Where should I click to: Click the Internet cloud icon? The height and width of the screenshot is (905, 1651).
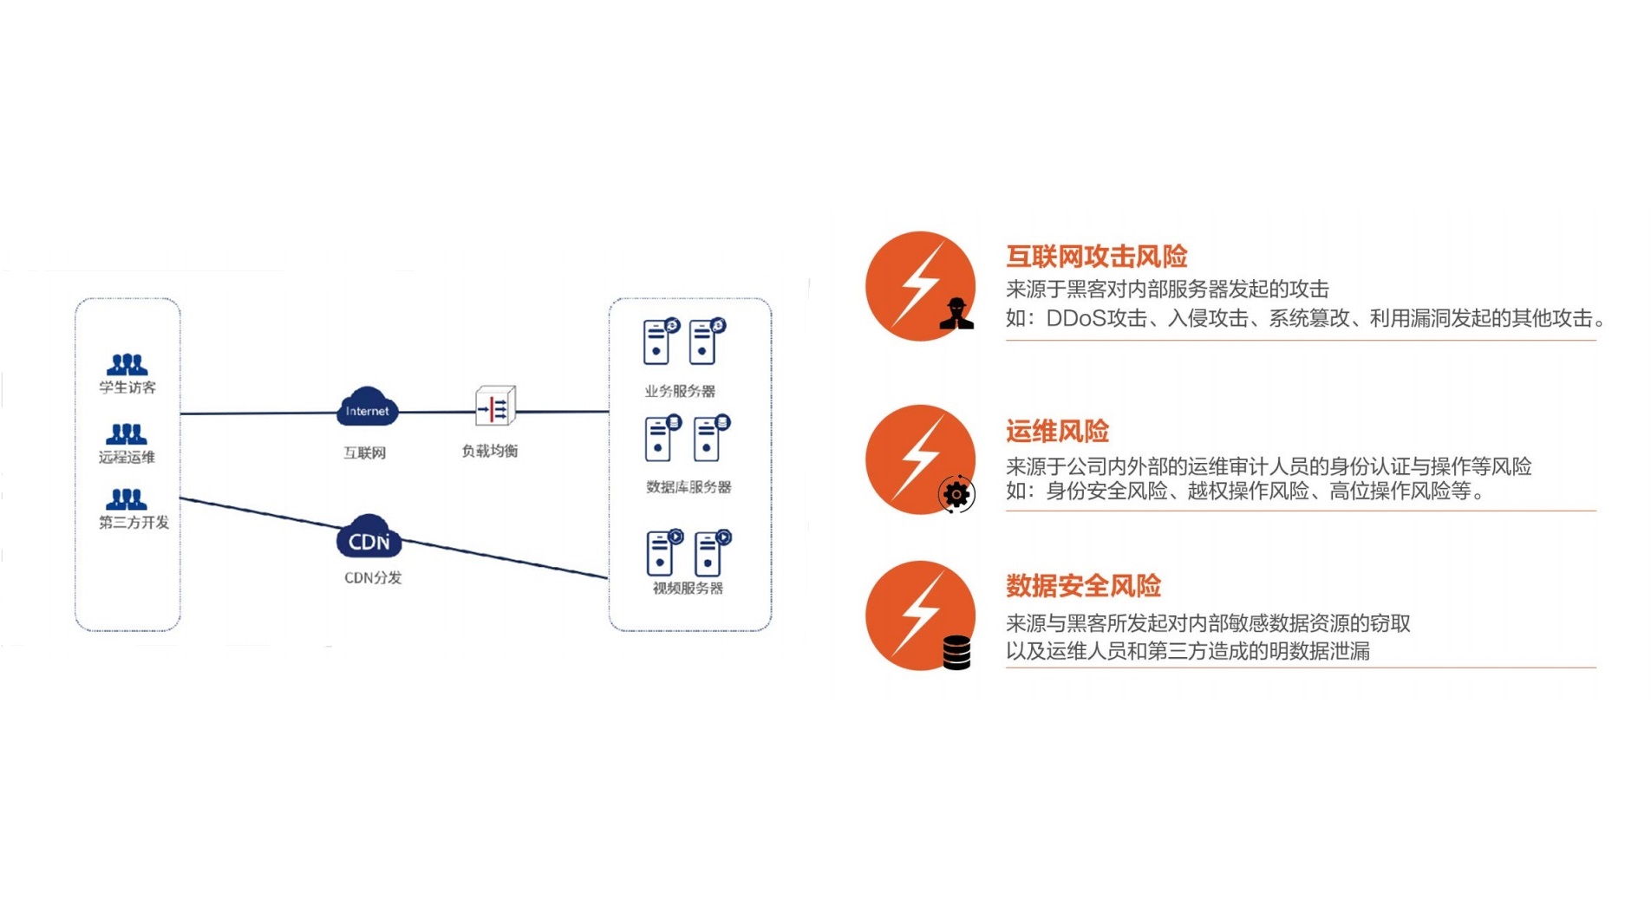click(367, 408)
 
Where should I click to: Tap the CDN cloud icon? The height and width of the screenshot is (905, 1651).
click(369, 537)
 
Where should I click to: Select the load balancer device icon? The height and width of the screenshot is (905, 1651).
click(495, 407)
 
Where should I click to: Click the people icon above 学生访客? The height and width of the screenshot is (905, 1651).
click(127, 364)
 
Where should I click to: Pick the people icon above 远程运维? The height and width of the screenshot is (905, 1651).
click(127, 433)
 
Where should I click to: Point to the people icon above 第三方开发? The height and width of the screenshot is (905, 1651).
click(127, 498)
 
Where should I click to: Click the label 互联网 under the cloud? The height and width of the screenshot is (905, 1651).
click(364, 452)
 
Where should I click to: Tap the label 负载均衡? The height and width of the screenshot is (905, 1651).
click(489, 451)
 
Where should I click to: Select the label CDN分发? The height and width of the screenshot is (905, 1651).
click(373, 577)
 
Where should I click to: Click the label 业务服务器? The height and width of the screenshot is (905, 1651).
click(680, 391)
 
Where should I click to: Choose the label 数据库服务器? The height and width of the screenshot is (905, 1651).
click(688, 487)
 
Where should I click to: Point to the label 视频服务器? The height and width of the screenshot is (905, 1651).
click(688, 589)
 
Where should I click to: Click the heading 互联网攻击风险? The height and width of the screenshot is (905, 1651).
click(1096, 257)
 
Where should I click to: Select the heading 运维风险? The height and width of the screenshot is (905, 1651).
click(1057, 431)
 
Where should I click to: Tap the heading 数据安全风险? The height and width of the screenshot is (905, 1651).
click(1083, 586)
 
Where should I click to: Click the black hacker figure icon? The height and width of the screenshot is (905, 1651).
click(956, 314)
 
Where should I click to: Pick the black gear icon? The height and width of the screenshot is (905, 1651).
click(956, 494)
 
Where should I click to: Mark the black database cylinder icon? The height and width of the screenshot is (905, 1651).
click(956, 653)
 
